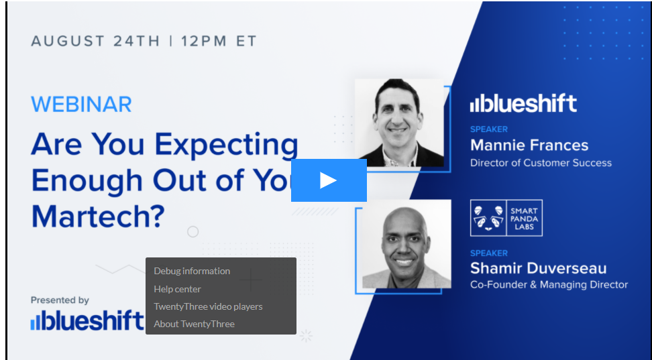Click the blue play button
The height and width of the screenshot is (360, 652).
pyautogui.click(x=329, y=180)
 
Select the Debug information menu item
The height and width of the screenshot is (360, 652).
pyautogui.click(x=192, y=271)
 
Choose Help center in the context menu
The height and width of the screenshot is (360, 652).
pyautogui.click(x=177, y=289)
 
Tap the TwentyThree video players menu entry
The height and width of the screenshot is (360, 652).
pyautogui.click(x=208, y=306)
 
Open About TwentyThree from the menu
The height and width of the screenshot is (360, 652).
pyautogui.click(x=194, y=324)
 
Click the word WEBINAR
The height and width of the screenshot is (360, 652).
pyautogui.click(x=81, y=105)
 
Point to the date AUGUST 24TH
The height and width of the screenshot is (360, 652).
pyautogui.click(x=95, y=41)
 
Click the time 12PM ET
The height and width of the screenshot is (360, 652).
pyautogui.click(x=219, y=41)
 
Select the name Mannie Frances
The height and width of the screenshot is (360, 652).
pyautogui.click(x=529, y=145)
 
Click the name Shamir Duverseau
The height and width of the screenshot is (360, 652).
pyautogui.click(x=538, y=268)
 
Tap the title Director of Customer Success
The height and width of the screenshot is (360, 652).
pyautogui.click(x=541, y=162)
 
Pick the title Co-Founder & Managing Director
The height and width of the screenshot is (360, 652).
pyautogui.click(x=549, y=285)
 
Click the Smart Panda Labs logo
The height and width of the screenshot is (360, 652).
pyautogui.click(x=506, y=218)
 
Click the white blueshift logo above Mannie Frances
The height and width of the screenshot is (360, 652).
pyautogui.click(x=523, y=103)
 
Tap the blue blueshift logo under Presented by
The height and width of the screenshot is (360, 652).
pyautogui.click(x=87, y=321)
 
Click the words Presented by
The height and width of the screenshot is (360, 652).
pyautogui.click(x=60, y=300)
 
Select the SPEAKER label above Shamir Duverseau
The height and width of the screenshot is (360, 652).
pyautogui.click(x=489, y=253)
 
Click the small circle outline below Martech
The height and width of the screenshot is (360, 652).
pyautogui.click(x=193, y=232)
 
